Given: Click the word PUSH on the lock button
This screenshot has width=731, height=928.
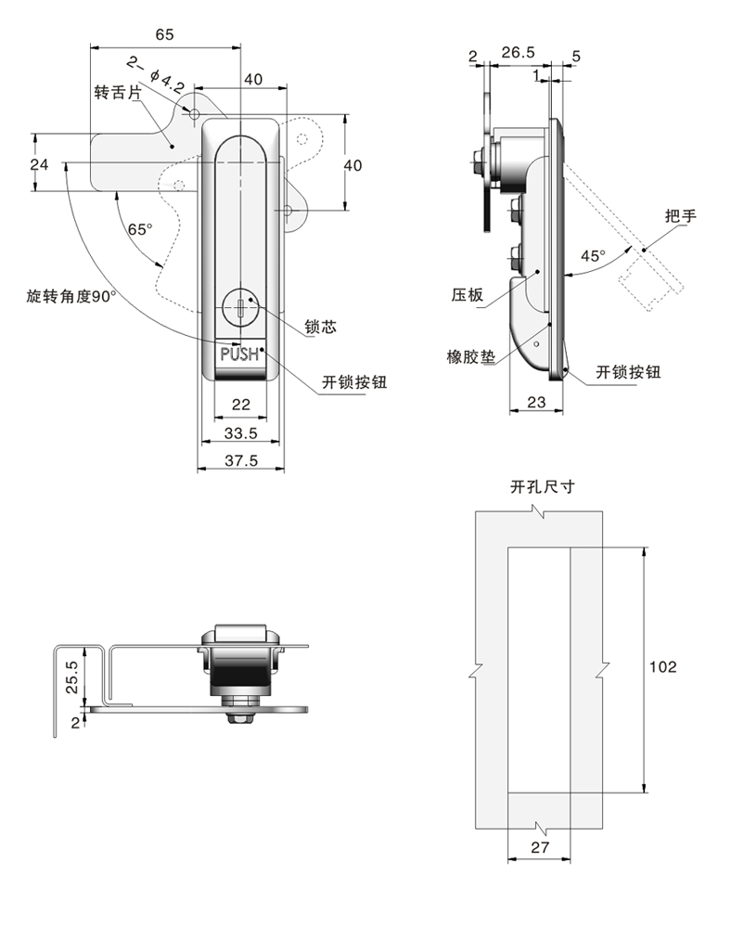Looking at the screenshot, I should (239, 354).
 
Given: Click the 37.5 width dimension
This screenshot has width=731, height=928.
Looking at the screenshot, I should (240, 460).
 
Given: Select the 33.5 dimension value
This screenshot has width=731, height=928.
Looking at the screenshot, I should (240, 433).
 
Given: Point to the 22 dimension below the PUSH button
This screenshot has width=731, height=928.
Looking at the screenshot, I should (240, 404).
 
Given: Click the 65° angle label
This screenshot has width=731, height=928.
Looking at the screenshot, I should (140, 228).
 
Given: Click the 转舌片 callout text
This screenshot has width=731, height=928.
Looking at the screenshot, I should (118, 93).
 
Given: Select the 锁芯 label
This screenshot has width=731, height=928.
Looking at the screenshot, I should (319, 327).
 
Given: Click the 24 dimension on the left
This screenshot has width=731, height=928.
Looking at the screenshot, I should (38, 164).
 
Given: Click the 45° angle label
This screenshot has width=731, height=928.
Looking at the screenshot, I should (592, 255).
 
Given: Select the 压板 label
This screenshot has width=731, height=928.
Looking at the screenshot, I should (468, 295).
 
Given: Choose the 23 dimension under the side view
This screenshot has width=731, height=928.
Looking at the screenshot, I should (536, 401).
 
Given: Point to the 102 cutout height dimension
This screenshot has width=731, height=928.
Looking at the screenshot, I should (662, 666).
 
